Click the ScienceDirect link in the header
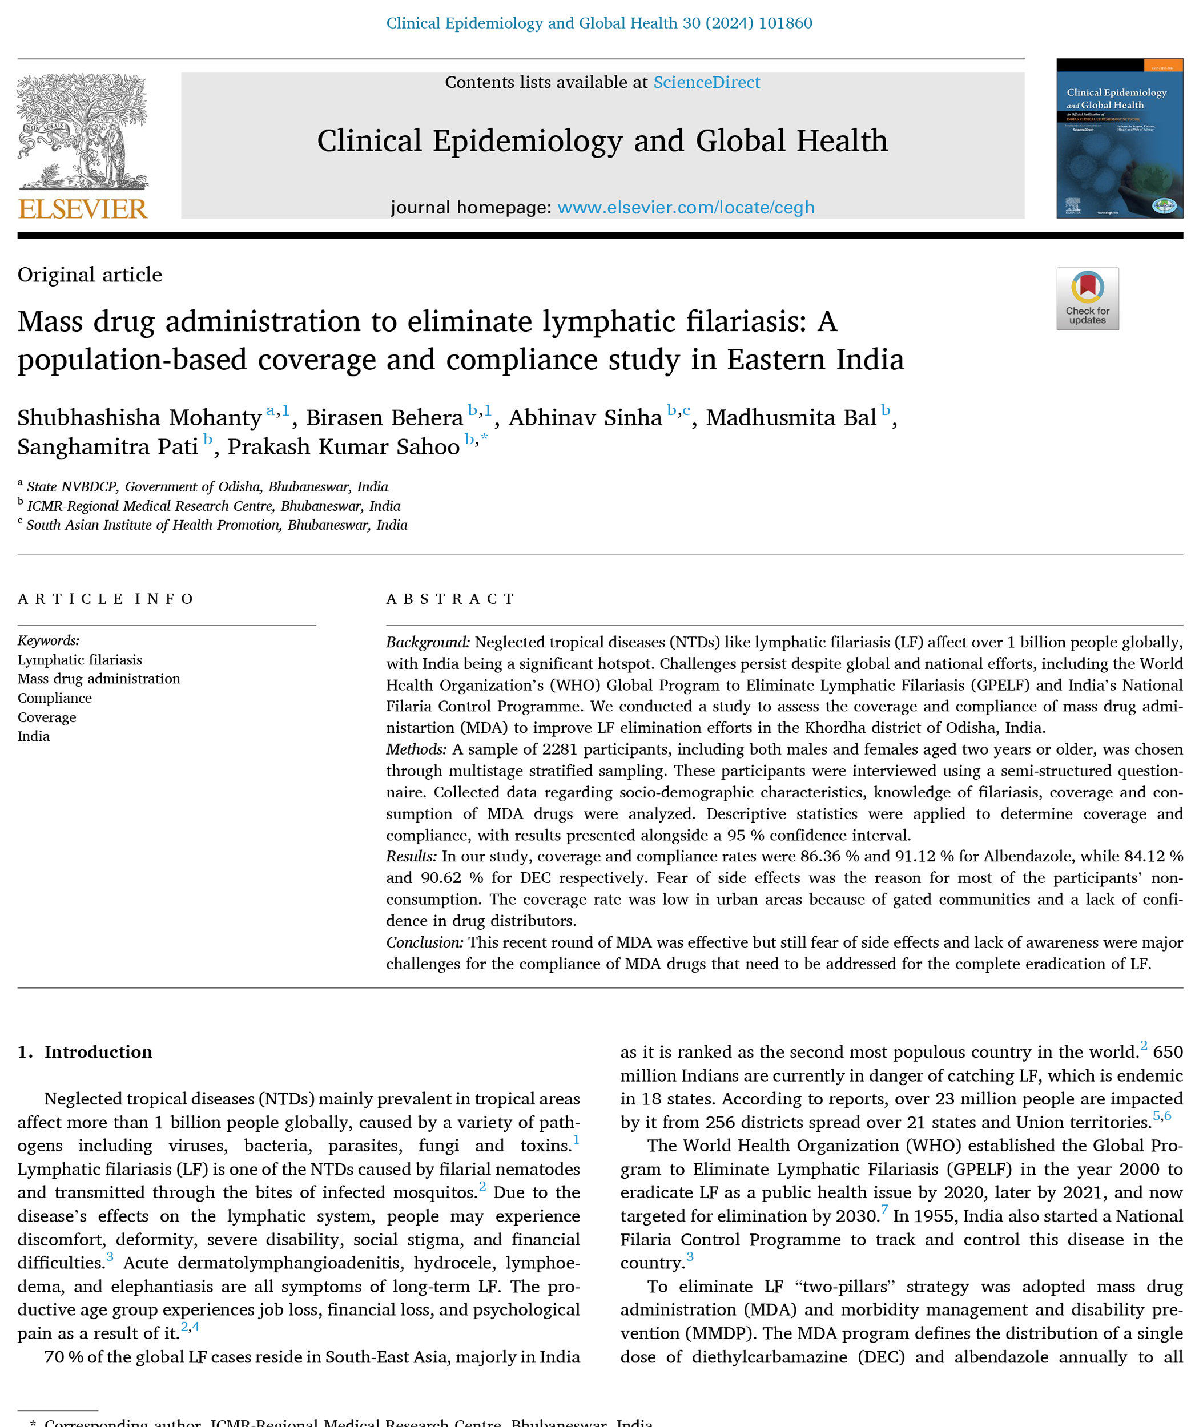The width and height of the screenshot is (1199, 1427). pyautogui.click(x=706, y=82)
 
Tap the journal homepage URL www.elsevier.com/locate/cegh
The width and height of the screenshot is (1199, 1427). pyautogui.click(x=685, y=207)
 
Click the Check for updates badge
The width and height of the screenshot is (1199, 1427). pyautogui.click(x=1087, y=299)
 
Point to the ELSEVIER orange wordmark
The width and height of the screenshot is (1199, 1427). pyautogui.click(x=83, y=208)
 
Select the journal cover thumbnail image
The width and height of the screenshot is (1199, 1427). pyautogui.click(x=1119, y=138)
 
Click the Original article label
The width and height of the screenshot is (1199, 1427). pyautogui.click(x=90, y=275)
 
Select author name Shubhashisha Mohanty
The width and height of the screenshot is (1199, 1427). pyautogui.click(x=139, y=417)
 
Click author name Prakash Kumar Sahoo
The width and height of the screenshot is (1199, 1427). pyautogui.click(x=343, y=446)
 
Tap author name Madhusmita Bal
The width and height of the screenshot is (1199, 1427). pyautogui.click(x=791, y=417)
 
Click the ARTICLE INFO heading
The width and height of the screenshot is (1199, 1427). pyautogui.click(x=106, y=599)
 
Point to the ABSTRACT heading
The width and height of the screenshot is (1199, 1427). pyautogui.click(x=450, y=599)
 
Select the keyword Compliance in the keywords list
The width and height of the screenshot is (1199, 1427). pyautogui.click(x=54, y=698)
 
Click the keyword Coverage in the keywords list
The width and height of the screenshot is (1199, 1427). pyautogui.click(x=47, y=717)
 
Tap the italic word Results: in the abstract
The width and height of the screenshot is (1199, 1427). pyautogui.click(x=411, y=856)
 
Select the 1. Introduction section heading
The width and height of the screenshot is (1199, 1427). pyautogui.click(x=85, y=1052)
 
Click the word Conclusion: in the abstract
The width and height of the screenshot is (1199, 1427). pyautogui.click(x=425, y=942)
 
